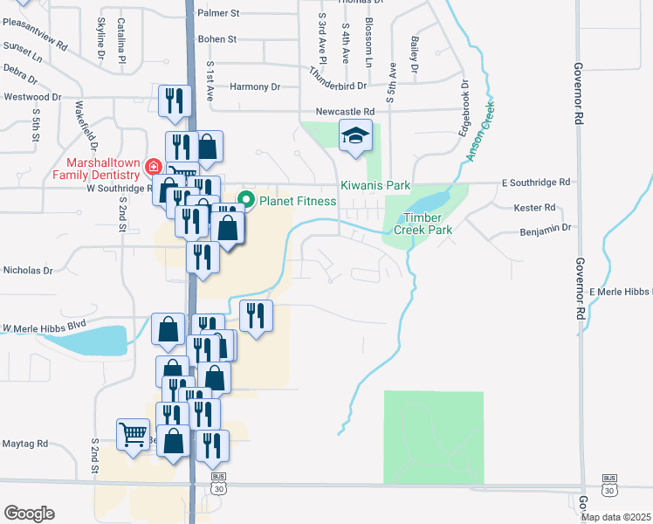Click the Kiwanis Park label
tap(375, 186)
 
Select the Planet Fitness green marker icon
tap(246, 201)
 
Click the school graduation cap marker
tap(355, 136)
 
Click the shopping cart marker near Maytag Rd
tap(133, 432)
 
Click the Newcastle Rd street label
tap(345, 112)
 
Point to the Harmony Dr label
tap(255, 86)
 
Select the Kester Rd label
tap(535, 208)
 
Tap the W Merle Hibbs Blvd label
tap(45, 326)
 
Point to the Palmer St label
tap(218, 13)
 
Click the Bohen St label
tap(217, 39)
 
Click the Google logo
tap(29, 514)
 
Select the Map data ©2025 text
tap(615, 517)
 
